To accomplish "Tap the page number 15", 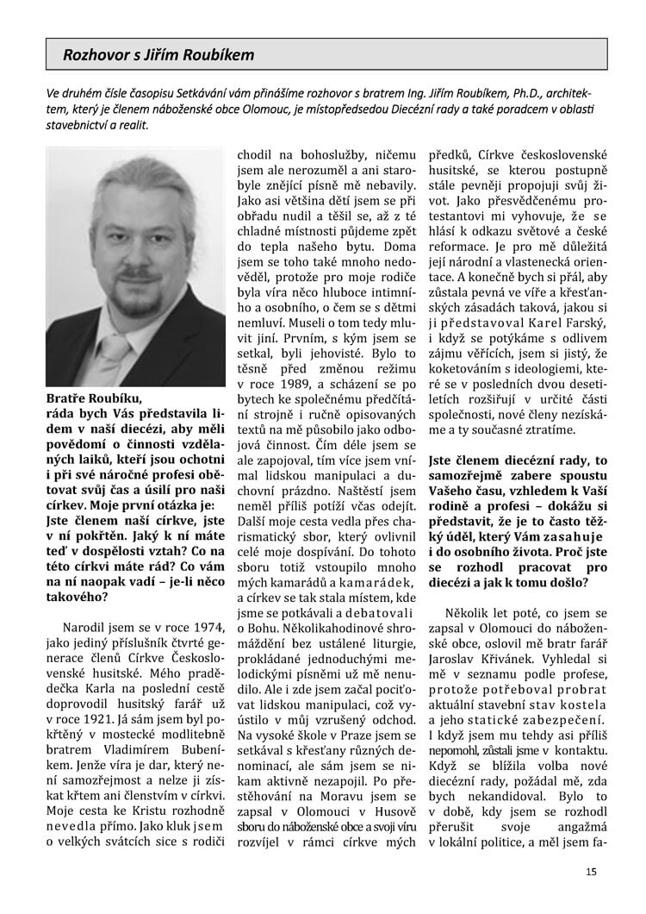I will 591,872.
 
